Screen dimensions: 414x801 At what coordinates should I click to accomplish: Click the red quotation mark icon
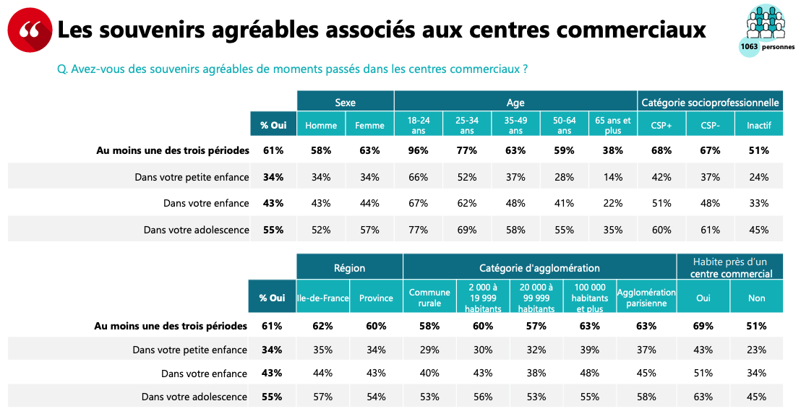[30, 30]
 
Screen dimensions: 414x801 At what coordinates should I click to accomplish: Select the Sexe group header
[345, 103]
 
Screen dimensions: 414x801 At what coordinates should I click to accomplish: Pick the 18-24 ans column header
[418, 125]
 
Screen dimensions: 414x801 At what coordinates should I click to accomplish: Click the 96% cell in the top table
[418, 150]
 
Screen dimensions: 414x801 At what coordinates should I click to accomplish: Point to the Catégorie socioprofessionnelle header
[710, 103]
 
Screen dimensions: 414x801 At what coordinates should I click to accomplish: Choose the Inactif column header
[758, 125]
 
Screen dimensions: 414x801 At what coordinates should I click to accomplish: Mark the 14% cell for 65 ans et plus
[612, 177]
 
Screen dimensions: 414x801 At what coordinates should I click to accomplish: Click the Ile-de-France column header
[322, 298]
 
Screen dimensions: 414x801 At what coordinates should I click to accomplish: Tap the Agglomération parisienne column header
[646, 298]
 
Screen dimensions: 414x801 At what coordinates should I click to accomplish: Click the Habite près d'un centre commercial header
[729, 267]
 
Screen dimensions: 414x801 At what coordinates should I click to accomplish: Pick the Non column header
[757, 298]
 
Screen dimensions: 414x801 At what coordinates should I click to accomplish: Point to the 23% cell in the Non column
[757, 350]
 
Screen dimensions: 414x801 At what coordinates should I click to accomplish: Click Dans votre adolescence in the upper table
[196, 230]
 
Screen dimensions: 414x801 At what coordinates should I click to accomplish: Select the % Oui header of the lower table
[272, 298]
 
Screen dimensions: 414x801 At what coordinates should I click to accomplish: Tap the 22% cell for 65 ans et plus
[612, 203]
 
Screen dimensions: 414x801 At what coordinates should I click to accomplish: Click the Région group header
[349, 268]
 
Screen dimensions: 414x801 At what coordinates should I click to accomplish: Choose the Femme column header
[369, 125]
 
